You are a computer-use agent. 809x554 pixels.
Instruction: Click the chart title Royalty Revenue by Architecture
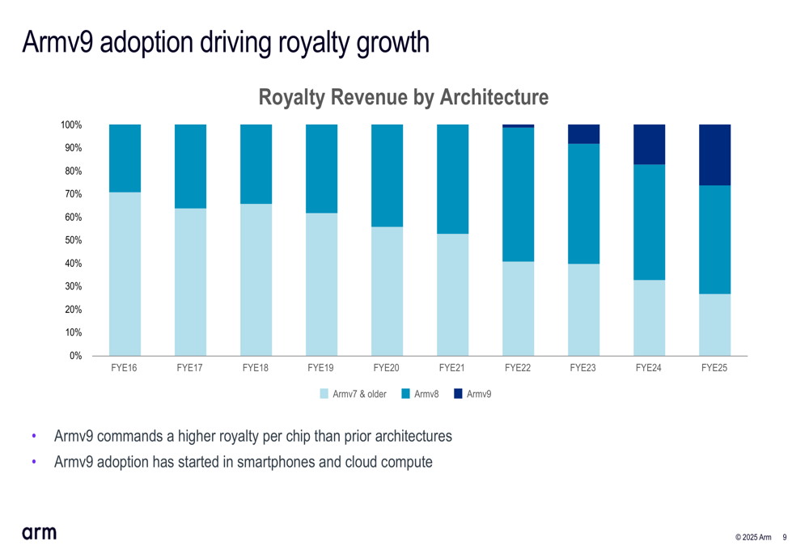click(x=403, y=98)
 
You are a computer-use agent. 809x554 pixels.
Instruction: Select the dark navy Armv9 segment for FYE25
click(x=714, y=154)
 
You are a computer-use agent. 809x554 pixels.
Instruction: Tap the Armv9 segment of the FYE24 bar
click(x=649, y=144)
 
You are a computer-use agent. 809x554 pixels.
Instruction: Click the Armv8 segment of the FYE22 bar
click(x=518, y=194)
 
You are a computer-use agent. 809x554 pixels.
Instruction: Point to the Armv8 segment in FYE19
click(x=321, y=168)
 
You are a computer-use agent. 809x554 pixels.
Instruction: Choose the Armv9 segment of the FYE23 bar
click(x=583, y=134)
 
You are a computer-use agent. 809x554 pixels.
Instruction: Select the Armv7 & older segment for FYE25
click(x=714, y=324)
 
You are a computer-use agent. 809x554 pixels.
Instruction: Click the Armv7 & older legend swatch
click(x=324, y=394)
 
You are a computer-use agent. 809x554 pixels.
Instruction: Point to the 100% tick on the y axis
click(x=71, y=125)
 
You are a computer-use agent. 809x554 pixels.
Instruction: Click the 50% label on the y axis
click(x=73, y=240)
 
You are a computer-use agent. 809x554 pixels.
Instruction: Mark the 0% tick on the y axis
click(x=75, y=356)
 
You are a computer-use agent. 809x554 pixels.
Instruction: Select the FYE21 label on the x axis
click(x=452, y=368)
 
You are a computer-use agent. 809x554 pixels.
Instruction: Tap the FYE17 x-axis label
click(x=189, y=368)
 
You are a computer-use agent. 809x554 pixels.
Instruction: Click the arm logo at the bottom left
click(x=39, y=532)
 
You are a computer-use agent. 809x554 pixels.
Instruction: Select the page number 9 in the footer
click(x=785, y=538)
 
